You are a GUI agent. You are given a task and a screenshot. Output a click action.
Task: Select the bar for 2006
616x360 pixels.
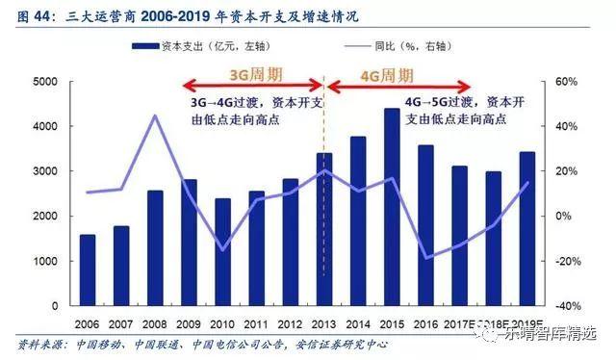(x=87, y=270)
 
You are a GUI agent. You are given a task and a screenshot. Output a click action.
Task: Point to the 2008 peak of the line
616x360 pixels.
(x=155, y=116)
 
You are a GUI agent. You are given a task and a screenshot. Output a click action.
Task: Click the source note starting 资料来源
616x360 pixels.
(x=192, y=344)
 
